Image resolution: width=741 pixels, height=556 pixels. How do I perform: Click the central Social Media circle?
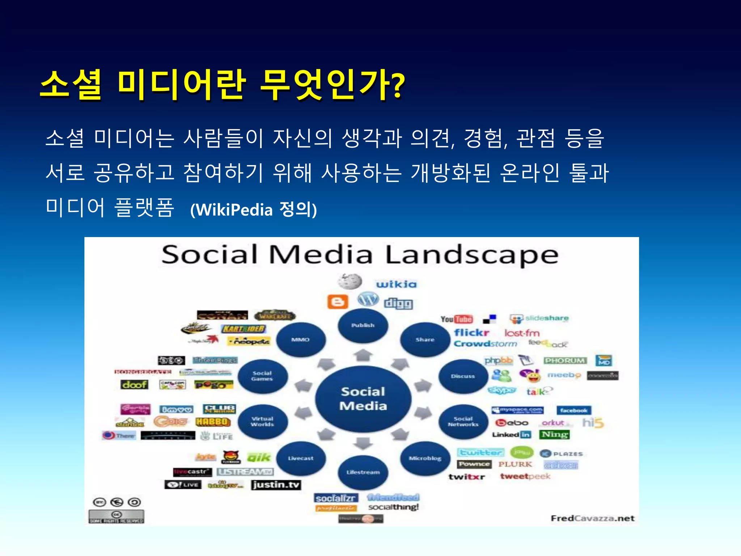[363, 398]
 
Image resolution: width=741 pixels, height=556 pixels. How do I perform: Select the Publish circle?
[363, 325]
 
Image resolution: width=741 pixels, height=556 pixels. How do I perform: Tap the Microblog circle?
[425, 458]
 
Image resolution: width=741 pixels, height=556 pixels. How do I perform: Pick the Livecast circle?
[301, 458]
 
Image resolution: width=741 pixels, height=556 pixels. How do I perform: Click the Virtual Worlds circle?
[263, 421]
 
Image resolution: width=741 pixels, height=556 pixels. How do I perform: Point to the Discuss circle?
[463, 376]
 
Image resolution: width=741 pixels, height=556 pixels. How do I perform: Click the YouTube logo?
[457, 319]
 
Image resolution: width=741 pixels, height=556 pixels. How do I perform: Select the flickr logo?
[471, 332]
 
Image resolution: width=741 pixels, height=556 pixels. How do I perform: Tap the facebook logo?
[573, 410]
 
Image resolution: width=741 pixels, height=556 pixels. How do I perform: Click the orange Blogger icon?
[338, 302]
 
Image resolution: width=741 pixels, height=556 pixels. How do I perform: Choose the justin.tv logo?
[276, 485]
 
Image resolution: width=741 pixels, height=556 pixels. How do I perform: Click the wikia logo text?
[396, 284]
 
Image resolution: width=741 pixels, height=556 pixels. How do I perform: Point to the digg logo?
[398, 303]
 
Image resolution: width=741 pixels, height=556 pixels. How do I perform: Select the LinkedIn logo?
[511, 434]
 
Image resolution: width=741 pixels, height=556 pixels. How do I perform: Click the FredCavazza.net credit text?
[592, 518]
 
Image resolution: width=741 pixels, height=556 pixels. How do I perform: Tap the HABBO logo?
[213, 422]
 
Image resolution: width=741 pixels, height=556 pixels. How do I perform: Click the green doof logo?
[135, 384]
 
